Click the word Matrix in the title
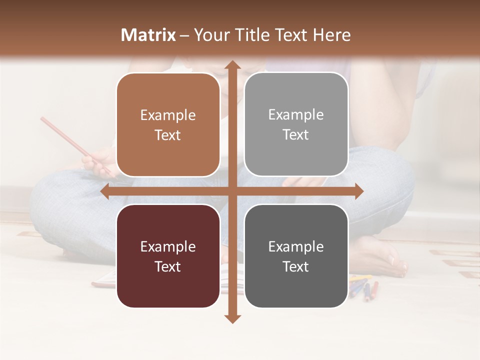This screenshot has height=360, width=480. [148, 35]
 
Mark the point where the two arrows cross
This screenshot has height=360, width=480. [232, 191]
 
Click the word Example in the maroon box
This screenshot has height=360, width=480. [168, 246]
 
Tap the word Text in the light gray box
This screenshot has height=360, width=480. [296, 135]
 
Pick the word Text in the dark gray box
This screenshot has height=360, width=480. [296, 266]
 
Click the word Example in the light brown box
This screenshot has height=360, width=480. [168, 115]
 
